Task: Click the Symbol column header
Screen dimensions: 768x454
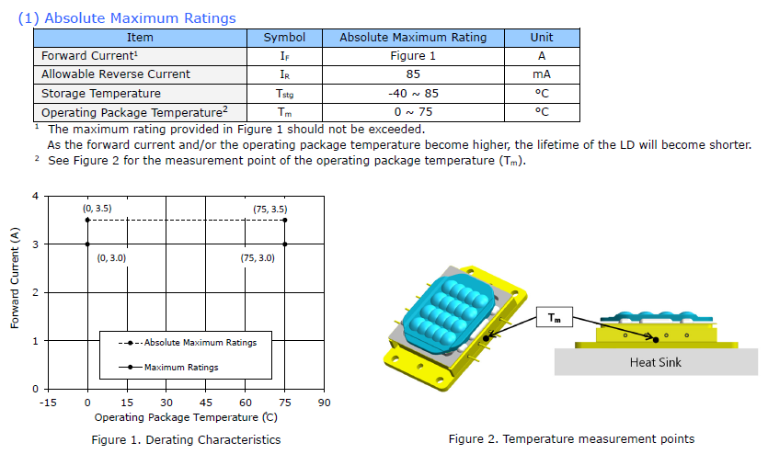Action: tap(284, 38)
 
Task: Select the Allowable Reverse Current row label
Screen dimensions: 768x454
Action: tap(116, 74)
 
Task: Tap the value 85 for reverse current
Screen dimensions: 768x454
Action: tap(413, 74)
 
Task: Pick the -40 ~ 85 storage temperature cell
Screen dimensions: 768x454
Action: tap(413, 94)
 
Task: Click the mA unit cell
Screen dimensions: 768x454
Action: tap(541, 74)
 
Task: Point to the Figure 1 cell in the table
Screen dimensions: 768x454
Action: tap(413, 56)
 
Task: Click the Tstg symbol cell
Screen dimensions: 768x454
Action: tap(284, 94)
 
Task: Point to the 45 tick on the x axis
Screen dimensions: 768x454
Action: tap(206, 403)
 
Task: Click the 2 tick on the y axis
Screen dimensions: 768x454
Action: tap(35, 292)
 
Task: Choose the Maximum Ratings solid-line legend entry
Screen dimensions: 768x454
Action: tap(168, 367)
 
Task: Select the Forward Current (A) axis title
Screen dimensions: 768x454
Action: tap(15, 278)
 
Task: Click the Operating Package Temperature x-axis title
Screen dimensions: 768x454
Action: tap(186, 417)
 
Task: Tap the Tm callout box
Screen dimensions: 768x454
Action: tap(555, 317)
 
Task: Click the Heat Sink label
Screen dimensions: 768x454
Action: tap(656, 362)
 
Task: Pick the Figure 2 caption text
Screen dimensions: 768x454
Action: tap(571, 438)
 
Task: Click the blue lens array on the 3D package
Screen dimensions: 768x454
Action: tap(448, 312)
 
